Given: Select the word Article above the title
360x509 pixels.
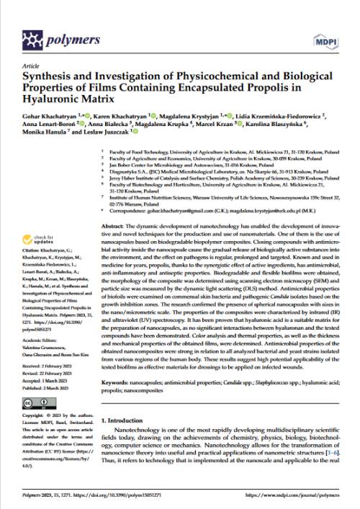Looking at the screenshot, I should tap(32, 63).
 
